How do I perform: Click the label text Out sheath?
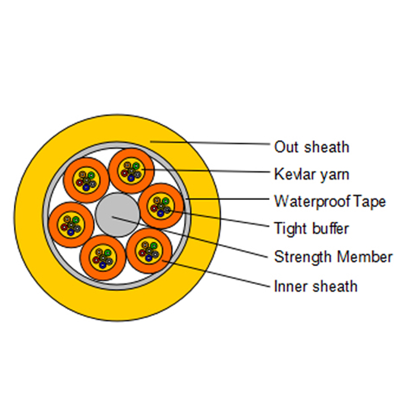coord(312,147)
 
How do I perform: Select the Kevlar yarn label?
coord(312,174)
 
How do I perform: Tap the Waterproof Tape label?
coord(330,201)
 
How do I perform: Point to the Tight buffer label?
coord(312,228)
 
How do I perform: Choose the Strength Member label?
coord(334,257)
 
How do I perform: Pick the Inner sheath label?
coord(316,286)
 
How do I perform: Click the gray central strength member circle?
coord(118,215)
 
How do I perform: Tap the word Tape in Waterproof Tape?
coord(369,202)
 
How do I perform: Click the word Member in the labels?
coord(365,257)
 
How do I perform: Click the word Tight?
coord(291,229)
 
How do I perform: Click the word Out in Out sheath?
coord(286,147)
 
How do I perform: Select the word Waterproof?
coord(312,202)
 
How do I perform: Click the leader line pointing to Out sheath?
coord(210,143)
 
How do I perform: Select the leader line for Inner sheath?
coord(216,273)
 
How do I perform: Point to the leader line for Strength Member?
coord(190,237)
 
